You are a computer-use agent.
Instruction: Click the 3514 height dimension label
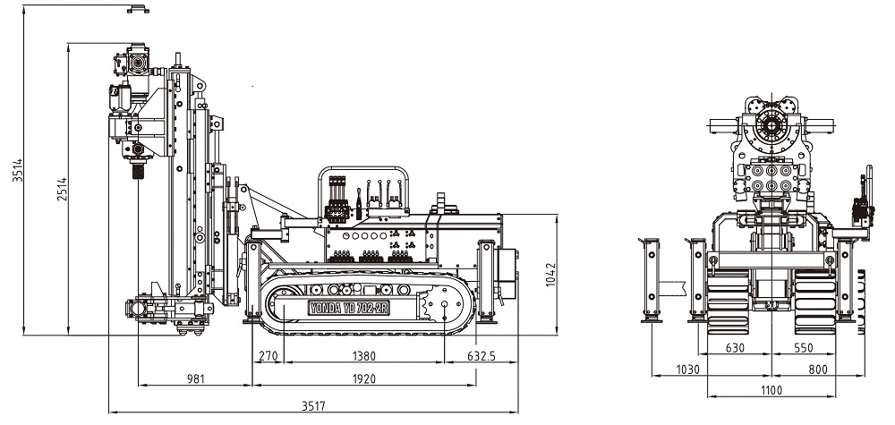(x=18, y=170)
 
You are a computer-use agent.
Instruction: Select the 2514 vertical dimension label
(x=62, y=190)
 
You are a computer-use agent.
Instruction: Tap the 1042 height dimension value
(x=550, y=275)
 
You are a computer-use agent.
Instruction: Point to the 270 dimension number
(x=268, y=356)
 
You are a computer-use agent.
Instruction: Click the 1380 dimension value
(x=363, y=356)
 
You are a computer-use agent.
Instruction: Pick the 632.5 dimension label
(x=482, y=356)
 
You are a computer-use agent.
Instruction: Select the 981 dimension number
(x=196, y=378)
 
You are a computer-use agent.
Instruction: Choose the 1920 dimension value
(x=363, y=378)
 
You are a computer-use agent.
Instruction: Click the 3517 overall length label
(x=313, y=406)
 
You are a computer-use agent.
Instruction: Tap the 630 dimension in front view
(x=735, y=348)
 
